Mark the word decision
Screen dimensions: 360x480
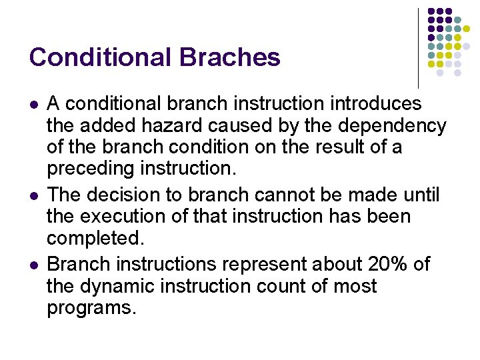[x=127, y=195]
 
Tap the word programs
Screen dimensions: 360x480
[x=91, y=309]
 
